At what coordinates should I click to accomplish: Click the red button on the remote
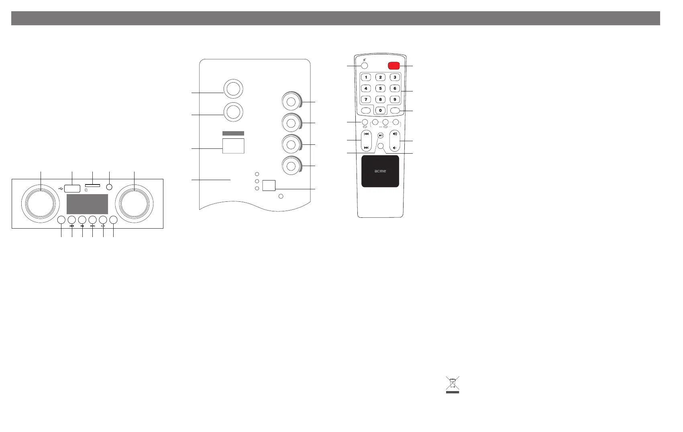pos(393,66)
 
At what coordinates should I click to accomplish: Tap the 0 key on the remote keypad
pos(380,110)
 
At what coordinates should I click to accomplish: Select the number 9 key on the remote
pos(395,99)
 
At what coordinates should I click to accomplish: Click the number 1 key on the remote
pos(366,77)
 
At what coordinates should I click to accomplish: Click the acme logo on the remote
pos(380,171)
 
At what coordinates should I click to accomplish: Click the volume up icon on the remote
pos(395,134)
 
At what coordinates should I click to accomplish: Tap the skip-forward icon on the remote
pos(366,148)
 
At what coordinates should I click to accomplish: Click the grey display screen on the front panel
pos(87,204)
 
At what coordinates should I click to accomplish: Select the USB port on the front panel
pos(72,188)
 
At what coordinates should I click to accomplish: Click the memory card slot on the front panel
pos(92,186)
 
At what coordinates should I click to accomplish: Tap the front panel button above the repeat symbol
pos(103,220)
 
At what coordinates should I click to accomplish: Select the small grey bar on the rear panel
pos(233,133)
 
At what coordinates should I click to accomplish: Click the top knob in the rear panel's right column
pos(292,101)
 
